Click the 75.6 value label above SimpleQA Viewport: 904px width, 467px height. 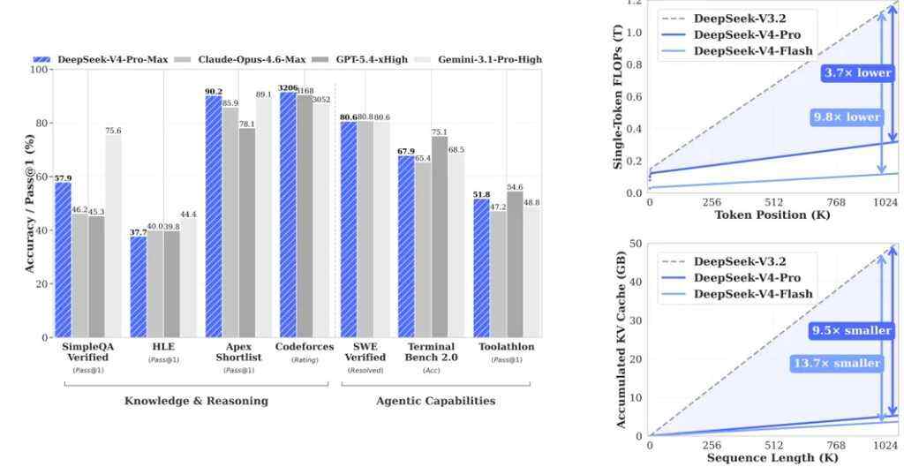pyautogui.click(x=113, y=131)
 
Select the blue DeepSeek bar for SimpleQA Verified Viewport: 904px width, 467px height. pyautogui.click(x=63, y=260)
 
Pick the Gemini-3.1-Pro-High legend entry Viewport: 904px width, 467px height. pyautogui.click(x=487, y=59)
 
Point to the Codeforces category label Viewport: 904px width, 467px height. pyautogui.click(x=305, y=347)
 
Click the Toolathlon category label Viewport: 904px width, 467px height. pyautogui.click(x=506, y=347)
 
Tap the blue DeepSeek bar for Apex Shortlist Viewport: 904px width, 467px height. pyautogui.click(x=214, y=216)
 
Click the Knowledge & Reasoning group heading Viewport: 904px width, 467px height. pyautogui.click(x=196, y=401)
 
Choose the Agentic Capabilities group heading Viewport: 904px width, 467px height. pyautogui.click(x=435, y=401)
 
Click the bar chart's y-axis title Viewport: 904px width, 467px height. pyautogui.click(x=31, y=204)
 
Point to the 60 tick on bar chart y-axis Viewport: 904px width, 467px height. pyautogui.click(x=42, y=177)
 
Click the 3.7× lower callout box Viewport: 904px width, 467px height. pyautogui.click(x=857, y=73)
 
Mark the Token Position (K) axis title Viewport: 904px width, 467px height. pyautogui.click(x=772, y=215)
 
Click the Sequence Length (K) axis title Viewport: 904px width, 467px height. pyautogui.click(x=772, y=458)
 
